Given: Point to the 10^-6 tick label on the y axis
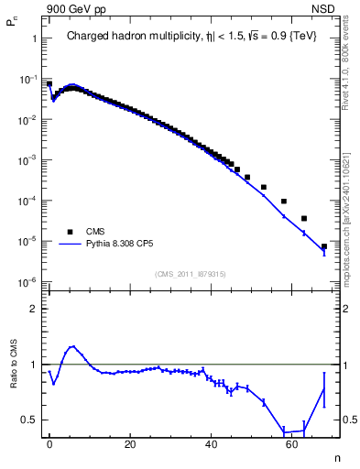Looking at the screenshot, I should pos(29,281).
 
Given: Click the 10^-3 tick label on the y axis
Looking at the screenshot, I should pos(29,159).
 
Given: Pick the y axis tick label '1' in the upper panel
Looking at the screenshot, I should pos(34,39).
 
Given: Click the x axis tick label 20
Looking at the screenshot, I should pos(130,443).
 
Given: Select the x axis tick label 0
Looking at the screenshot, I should pos(49,443).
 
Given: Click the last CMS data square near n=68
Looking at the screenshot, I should pos(324,246).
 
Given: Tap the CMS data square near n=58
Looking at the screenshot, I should pos(284,202).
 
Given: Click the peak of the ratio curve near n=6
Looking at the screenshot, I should pos(72,346).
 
